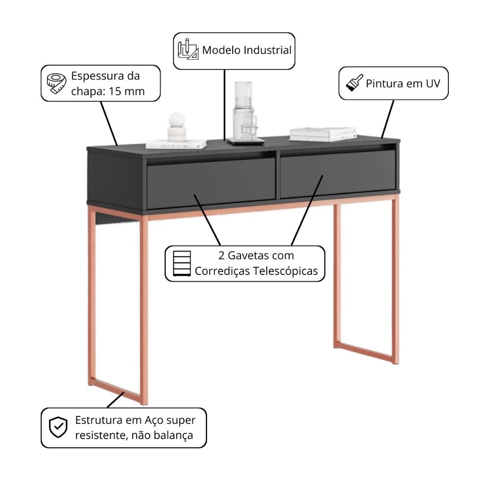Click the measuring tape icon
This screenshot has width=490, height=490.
pos(56,83)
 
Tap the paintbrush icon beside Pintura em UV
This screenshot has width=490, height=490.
pos(354,83)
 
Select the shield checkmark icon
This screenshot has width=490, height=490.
pos(58,427)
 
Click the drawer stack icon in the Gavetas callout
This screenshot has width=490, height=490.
pos(182,263)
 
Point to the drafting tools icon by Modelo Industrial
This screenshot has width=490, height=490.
pos(188,49)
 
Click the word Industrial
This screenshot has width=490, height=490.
pos(267,50)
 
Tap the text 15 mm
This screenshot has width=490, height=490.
pos(126,91)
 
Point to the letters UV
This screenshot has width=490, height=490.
pos(433,83)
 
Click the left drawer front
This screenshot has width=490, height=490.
pos(211,183)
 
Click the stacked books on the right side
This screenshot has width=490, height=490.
pos(323,134)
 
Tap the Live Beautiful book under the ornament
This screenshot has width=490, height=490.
pos(176,145)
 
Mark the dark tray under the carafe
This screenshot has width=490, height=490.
pos(245,141)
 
